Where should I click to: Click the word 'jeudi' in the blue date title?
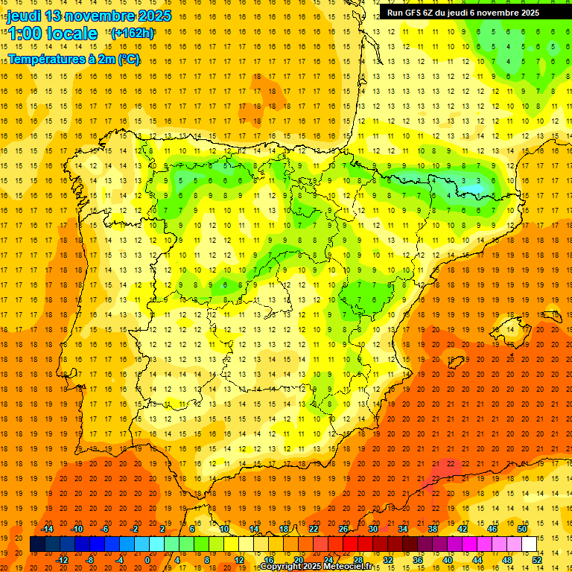(24, 16)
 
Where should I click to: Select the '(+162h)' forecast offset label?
(133, 33)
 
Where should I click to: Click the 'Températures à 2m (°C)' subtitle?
(73, 59)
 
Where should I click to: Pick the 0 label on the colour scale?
(147, 559)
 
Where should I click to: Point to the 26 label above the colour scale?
(343, 529)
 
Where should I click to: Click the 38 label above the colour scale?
(432, 529)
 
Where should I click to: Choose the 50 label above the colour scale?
(521, 529)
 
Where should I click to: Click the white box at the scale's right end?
(529, 544)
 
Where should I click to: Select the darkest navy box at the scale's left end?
(37, 544)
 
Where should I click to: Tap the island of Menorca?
(551, 307)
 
